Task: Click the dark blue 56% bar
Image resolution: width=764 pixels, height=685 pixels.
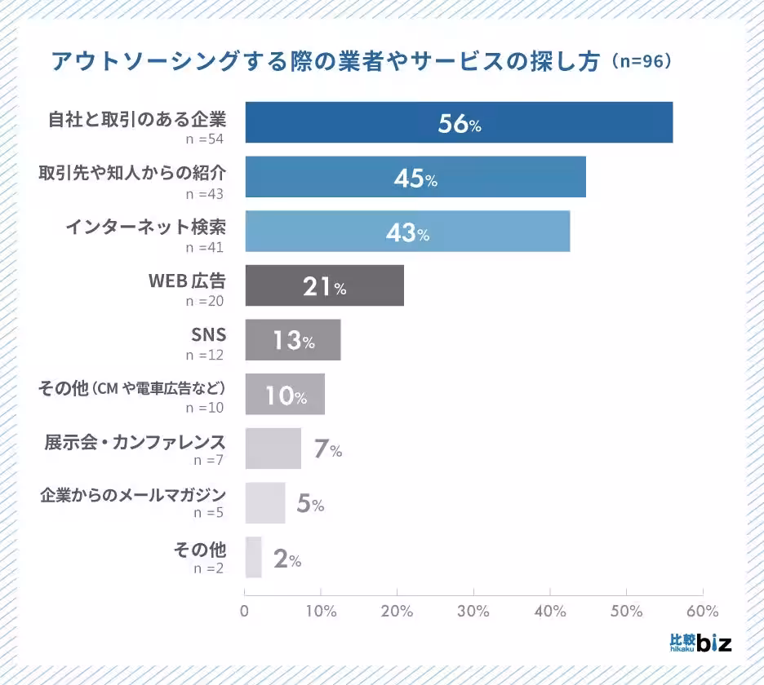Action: pyautogui.click(x=459, y=122)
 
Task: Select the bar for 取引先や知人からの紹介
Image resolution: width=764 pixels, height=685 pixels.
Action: pyautogui.click(x=415, y=177)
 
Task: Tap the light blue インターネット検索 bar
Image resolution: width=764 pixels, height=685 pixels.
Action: pyautogui.click(x=407, y=232)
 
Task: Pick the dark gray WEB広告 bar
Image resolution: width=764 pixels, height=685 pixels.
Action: pyautogui.click(x=324, y=285)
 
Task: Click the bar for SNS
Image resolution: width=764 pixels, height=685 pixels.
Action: pyautogui.click(x=292, y=340)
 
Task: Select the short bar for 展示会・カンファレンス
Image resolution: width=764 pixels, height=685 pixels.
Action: pyautogui.click(x=273, y=449)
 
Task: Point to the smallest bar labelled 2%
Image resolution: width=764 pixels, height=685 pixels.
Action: pyautogui.click(x=253, y=557)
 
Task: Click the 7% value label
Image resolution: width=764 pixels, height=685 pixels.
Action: pyautogui.click(x=327, y=449)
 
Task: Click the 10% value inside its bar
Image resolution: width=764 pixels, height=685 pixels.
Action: pyautogui.click(x=286, y=396)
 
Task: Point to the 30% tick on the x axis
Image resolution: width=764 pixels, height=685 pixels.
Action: pyautogui.click(x=473, y=611)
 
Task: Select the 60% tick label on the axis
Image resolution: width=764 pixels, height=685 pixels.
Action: pyautogui.click(x=703, y=611)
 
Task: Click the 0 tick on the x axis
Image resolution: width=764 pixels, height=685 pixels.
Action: pyautogui.click(x=245, y=611)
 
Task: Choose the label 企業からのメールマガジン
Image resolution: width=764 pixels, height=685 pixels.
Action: pyautogui.click(x=133, y=495)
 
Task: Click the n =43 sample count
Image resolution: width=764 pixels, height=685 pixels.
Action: pyautogui.click(x=204, y=193)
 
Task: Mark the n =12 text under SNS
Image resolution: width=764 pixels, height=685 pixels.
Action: pyautogui.click(x=204, y=356)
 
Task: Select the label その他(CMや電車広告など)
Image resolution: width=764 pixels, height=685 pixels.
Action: pyautogui.click(x=131, y=388)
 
